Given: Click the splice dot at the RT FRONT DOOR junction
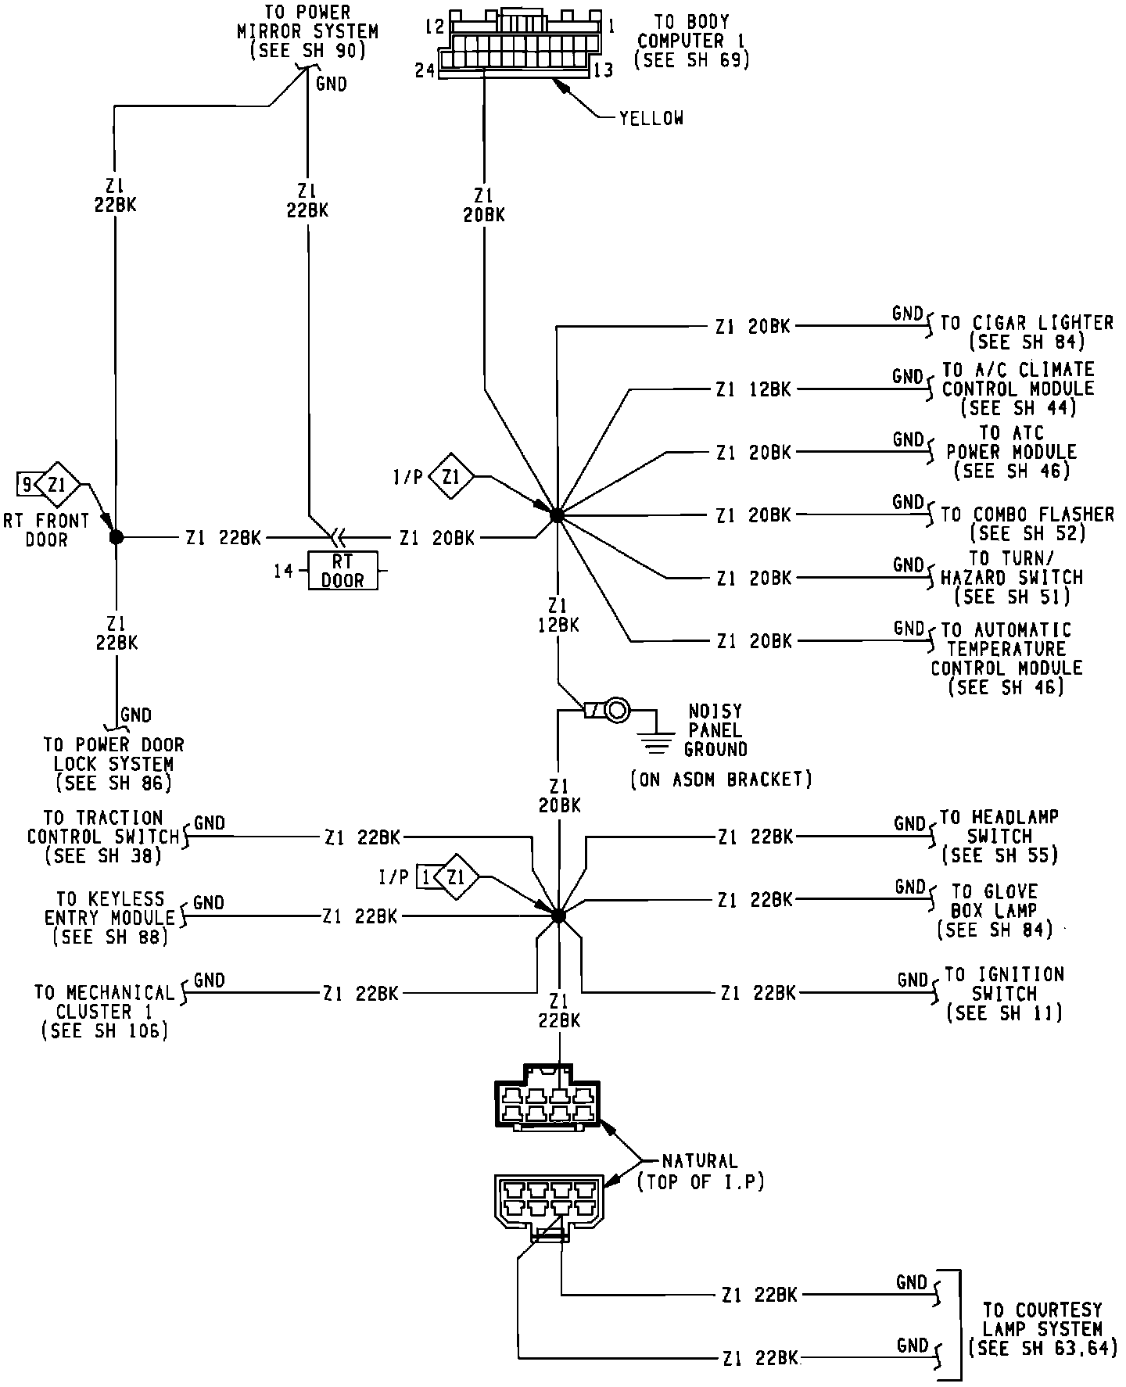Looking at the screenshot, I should tap(116, 537).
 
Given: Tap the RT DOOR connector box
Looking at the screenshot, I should tap(342, 571).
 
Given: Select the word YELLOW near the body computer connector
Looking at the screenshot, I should tap(651, 118).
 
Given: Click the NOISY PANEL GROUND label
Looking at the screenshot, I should tap(715, 730).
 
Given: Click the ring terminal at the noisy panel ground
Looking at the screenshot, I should tap(617, 710).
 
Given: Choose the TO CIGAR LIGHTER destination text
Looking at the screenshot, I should tap(1026, 332).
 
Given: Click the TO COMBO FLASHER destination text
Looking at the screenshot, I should tap(1027, 523).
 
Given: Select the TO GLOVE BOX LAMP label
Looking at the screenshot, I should tap(995, 911).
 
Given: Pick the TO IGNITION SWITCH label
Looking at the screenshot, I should tap(1005, 994).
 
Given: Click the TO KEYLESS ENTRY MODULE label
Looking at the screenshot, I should tap(110, 918).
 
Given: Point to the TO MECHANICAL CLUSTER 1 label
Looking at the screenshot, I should tap(105, 1012).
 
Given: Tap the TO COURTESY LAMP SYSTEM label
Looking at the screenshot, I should tap(1042, 1328).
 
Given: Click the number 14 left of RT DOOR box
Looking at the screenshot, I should tap(283, 571).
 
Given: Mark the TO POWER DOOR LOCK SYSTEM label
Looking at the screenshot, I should tap(113, 764).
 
